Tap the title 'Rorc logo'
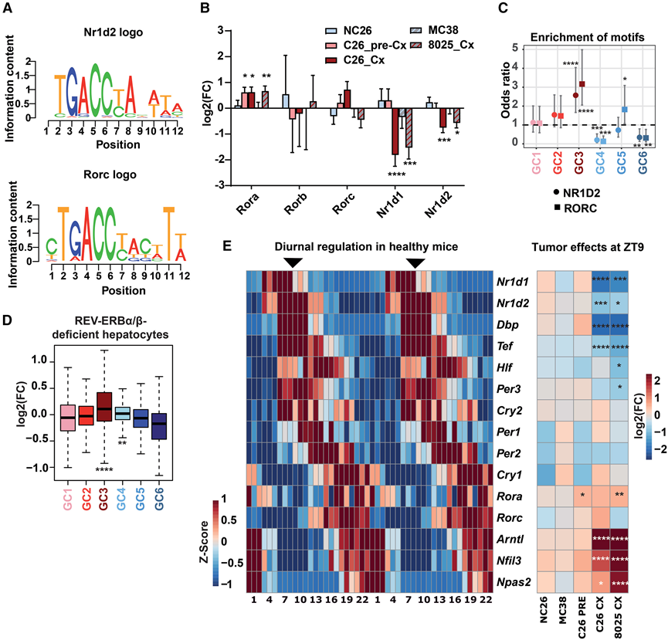(113, 174)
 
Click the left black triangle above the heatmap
(292, 263)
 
